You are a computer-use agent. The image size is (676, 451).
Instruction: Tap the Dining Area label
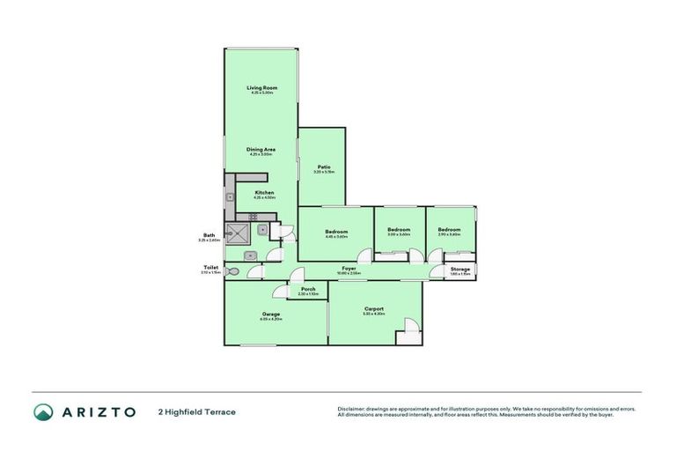(262, 151)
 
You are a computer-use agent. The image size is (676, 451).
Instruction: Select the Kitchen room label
(264, 194)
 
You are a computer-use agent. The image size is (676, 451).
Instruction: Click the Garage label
(270, 315)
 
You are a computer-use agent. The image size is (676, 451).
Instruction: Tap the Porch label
(308, 290)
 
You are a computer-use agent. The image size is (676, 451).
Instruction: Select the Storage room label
(460, 270)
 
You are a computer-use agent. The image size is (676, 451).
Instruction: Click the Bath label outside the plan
(209, 236)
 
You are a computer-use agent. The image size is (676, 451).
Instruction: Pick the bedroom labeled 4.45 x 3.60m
(336, 233)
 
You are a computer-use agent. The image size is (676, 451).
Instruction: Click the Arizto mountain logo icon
(43, 411)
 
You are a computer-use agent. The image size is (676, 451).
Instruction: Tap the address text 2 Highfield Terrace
(196, 411)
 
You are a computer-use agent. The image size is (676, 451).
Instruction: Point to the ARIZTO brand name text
(98, 411)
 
